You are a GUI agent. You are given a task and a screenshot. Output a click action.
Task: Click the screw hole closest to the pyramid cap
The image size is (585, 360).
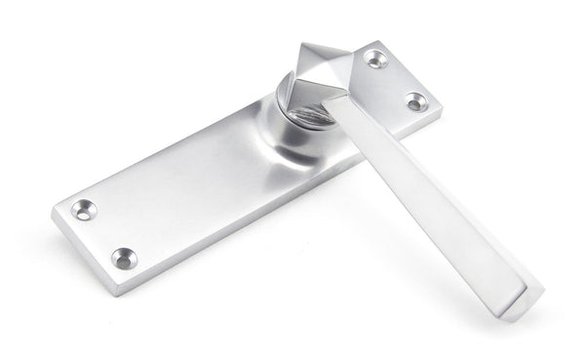tap(376, 60)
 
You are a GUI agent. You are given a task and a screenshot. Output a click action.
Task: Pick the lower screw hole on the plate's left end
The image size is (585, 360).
tap(123, 258)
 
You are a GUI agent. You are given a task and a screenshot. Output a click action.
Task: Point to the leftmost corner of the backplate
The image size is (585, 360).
tap(53, 210)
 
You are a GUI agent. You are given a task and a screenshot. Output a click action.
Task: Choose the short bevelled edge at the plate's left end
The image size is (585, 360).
tap(84, 249)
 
